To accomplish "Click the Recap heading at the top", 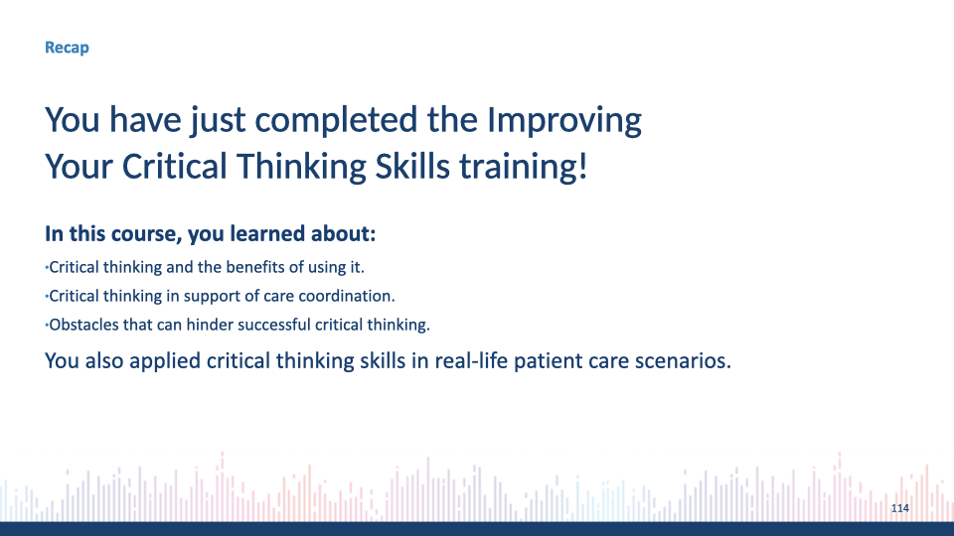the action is (67, 48).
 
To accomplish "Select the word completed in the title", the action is (337, 120).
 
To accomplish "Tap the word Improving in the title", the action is (564, 120).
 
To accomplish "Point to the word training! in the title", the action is (524, 166).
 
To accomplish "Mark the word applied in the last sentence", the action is (165, 361).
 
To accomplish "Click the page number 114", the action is (900, 508).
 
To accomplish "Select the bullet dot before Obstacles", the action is (47, 326).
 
